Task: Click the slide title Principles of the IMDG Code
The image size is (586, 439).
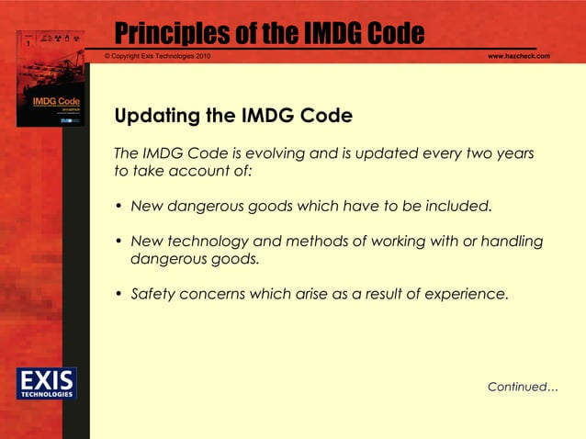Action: pyautogui.click(x=269, y=34)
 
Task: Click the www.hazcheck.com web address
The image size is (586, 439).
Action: pyautogui.click(x=518, y=57)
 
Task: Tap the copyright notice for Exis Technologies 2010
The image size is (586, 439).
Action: pyautogui.click(x=158, y=57)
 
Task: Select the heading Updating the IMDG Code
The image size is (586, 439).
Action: pyautogui.click(x=232, y=117)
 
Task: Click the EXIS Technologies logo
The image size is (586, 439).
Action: pyautogui.click(x=46, y=383)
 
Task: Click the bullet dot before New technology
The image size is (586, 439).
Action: pyautogui.click(x=118, y=242)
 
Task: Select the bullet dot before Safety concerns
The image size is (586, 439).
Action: pyautogui.click(x=118, y=295)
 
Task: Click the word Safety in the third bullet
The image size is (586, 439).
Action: pyautogui.click(x=152, y=294)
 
